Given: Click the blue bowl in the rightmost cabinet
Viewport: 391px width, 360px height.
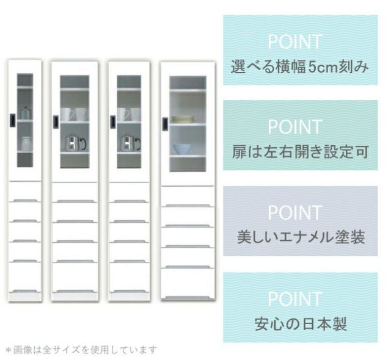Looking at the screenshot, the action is coord(182,149).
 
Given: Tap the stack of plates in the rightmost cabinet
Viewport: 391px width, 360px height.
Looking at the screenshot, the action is coord(183,120).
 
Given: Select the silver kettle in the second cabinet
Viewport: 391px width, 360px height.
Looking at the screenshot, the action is coord(75,142).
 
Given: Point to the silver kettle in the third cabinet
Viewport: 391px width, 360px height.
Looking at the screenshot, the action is coord(130,142).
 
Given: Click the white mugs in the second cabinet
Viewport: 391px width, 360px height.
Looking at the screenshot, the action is coord(75,114).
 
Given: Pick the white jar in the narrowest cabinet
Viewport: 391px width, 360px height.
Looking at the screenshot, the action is coord(26,143).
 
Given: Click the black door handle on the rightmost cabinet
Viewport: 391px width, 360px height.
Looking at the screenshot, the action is coord(165,124).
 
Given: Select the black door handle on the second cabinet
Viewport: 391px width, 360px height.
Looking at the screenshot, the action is coord(56,122).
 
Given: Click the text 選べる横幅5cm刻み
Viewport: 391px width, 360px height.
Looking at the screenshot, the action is coord(300,67).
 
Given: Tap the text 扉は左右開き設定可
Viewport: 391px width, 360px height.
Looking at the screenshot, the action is coord(300,152).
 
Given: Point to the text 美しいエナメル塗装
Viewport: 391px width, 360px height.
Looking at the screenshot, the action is coord(301,237).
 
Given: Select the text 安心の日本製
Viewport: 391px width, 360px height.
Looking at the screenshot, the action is coord(301,323).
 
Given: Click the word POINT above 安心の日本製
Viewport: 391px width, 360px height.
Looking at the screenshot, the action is coord(295,299).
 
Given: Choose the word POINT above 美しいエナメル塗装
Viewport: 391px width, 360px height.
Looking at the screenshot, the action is coord(295,212).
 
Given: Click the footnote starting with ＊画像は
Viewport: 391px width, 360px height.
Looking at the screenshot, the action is coord(81,350).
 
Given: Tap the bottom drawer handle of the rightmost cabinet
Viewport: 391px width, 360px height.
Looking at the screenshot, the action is coord(188,298).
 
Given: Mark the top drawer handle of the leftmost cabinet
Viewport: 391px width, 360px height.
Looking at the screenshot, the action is coord(25,200).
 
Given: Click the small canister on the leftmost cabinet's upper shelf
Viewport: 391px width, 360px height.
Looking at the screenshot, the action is coord(26,113).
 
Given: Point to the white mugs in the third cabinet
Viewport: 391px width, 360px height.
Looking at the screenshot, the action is coord(129,114).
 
